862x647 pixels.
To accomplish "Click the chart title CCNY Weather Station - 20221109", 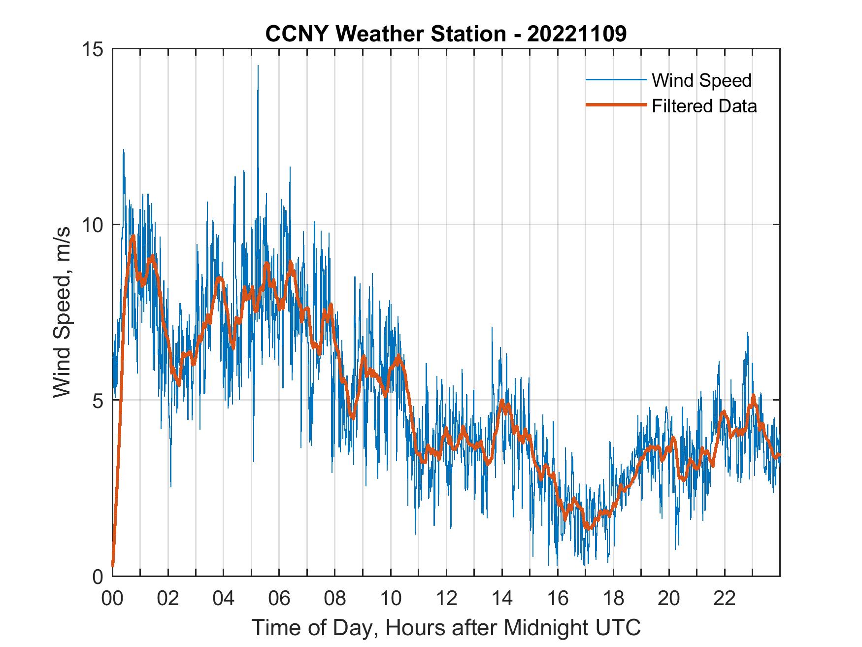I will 446,34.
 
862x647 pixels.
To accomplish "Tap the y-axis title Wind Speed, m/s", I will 62,312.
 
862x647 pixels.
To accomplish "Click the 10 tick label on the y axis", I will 93,225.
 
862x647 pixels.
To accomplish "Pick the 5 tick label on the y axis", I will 99,400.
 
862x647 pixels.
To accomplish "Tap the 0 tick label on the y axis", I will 99,576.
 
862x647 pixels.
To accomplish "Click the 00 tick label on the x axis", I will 112,599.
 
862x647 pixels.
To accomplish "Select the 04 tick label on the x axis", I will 224,599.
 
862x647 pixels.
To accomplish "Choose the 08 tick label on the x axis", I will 335,599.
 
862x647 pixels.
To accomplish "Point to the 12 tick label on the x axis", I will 446,599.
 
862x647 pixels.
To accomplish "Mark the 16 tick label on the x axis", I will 558,599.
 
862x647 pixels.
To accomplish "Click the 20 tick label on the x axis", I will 669,599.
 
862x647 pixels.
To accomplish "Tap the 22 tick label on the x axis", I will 725,599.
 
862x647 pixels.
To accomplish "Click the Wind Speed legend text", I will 701,80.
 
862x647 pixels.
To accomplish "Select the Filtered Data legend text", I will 704,106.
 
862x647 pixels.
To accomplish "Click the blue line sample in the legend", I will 616,80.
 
